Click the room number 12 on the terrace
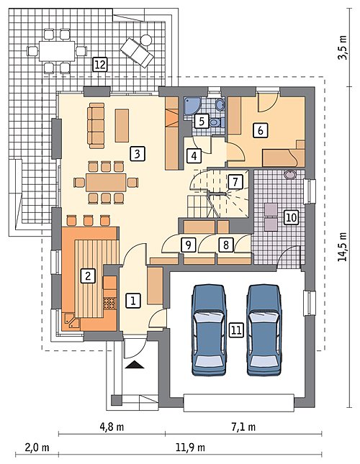[100, 64]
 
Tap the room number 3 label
[137, 154]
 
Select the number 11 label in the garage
[236, 330]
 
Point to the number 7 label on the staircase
[235, 181]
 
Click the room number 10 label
[291, 217]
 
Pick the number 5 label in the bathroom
[202, 121]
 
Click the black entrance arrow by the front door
[135, 365]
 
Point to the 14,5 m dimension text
[343, 246]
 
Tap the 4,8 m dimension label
[112, 427]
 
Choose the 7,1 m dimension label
[243, 427]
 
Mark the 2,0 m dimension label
[37, 447]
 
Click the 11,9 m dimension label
[190, 447]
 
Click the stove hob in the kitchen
[109, 303]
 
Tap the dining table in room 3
[106, 182]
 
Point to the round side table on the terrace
[145, 40]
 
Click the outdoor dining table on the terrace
[57, 51]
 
